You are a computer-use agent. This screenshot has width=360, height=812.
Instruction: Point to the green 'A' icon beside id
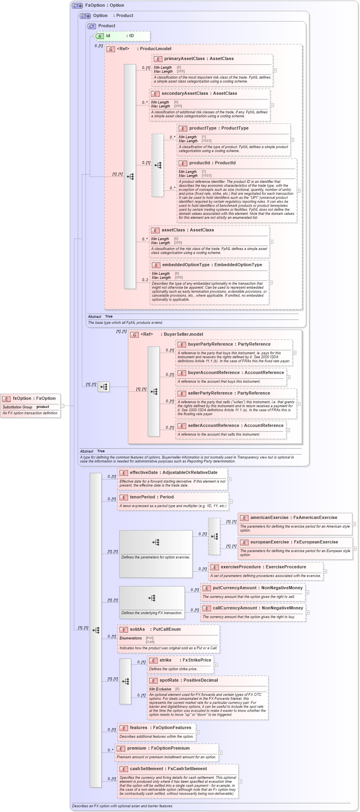pos(100,36)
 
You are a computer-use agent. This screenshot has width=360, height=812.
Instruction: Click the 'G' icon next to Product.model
pos(111,49)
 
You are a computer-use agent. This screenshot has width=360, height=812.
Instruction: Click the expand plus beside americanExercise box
pos(354,524)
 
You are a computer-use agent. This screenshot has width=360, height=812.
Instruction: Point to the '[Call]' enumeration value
pos(150,642)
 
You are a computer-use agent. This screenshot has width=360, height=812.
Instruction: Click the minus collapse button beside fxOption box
pos(62,406)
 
